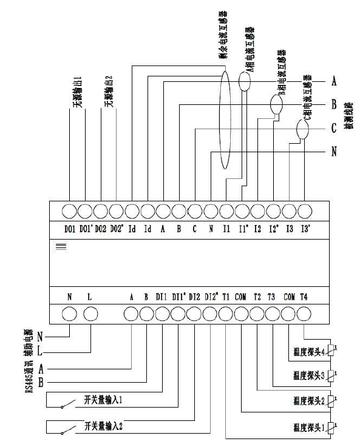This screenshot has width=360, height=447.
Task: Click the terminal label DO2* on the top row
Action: tap(116, 229)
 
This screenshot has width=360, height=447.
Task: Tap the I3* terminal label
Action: tap(305, 229)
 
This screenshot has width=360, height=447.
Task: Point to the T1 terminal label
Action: tap(226, 297)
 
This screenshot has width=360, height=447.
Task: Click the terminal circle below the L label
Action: tap(90, 314)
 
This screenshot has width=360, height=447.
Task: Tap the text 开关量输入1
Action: tap(104, 401)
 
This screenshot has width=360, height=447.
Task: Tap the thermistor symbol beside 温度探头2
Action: tap(330, 400)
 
